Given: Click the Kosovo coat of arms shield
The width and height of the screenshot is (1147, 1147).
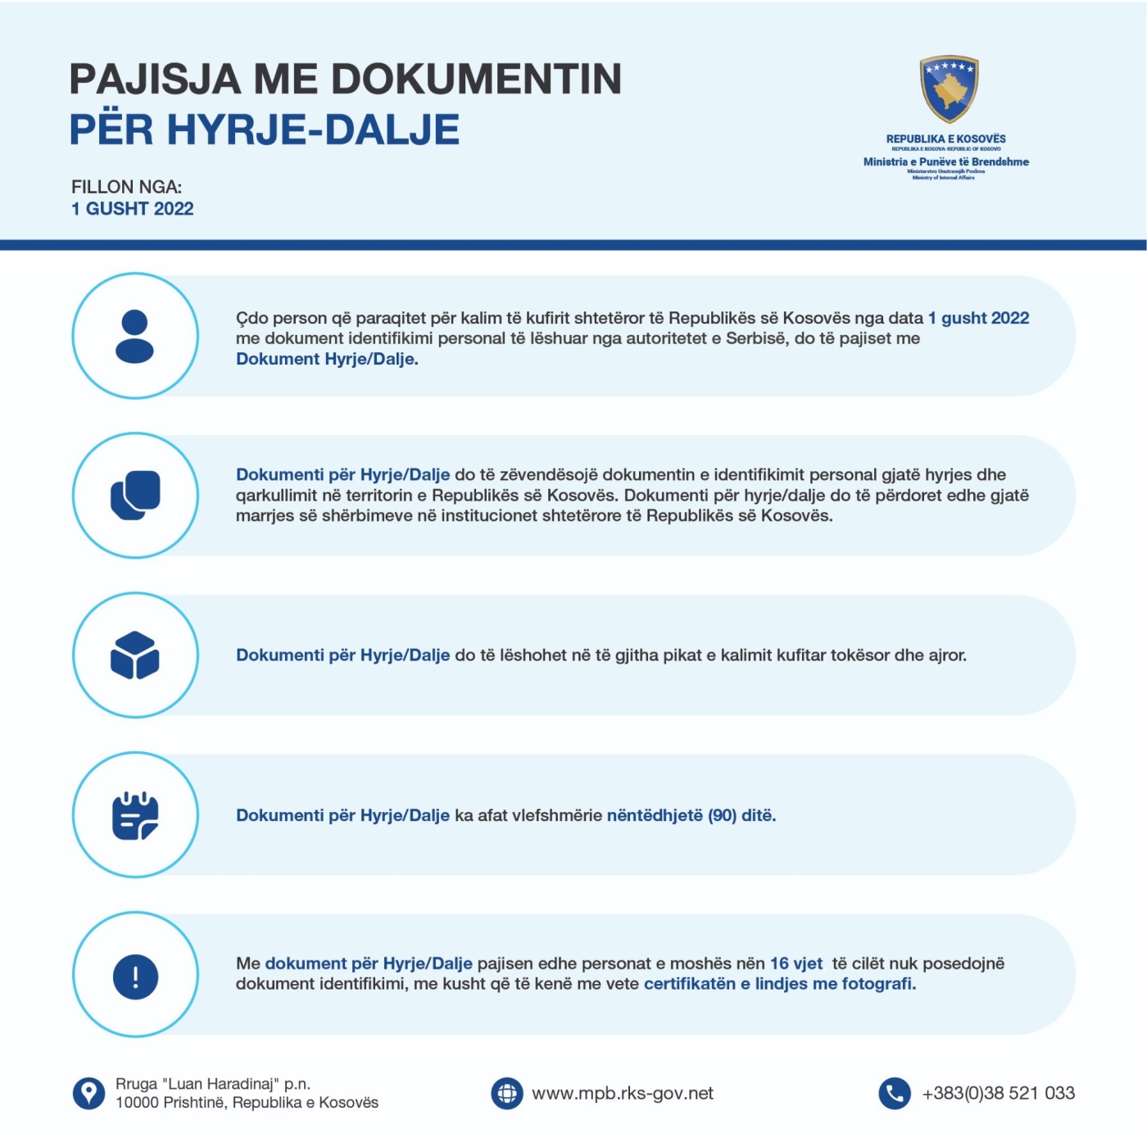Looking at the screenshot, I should [x=949, y=88].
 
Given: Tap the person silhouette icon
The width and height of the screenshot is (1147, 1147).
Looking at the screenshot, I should [x=135, y=336].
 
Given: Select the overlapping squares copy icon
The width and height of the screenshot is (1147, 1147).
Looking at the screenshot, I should [x=135, y=495].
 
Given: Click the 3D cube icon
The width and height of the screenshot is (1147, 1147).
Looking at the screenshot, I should [x=135, y=655].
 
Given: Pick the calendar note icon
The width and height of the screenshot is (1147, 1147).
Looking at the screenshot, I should [x=135, y=815].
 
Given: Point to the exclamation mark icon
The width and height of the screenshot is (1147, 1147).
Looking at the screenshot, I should [x=135, y=976].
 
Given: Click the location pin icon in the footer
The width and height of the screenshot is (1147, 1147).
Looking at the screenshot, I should [x=88, y=1093].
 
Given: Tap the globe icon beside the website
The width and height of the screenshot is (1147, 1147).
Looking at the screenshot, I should [x=506, y=1093].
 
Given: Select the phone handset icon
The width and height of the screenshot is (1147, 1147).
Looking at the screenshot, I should [x=894, y=1093].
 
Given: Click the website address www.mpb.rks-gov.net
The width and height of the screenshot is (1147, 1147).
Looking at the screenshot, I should [x=623, y=1094].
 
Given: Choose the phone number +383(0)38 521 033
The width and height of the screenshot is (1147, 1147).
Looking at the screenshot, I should [x=998, y=1093].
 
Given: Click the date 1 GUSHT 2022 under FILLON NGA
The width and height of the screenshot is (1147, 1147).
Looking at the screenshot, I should [x=133, y=209].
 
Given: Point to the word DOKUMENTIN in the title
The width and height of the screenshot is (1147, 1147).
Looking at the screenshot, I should [x=476, y=79].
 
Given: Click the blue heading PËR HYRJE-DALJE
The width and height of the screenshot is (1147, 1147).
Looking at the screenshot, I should [x=265, y=129].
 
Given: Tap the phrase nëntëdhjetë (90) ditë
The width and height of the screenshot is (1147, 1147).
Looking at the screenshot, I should [x=691, y=815].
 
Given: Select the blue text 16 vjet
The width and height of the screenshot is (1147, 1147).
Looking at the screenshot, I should [x=796, y=963].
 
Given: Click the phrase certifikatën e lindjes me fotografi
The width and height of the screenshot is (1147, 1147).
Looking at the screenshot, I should [x=779, y=984].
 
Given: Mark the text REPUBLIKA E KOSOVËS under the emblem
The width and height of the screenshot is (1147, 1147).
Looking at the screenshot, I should [x=945, y=139].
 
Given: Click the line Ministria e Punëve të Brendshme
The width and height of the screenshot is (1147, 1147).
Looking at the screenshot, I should [x=945, y=161].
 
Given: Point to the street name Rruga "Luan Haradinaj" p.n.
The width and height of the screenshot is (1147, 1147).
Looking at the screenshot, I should [x=213, y=1084].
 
